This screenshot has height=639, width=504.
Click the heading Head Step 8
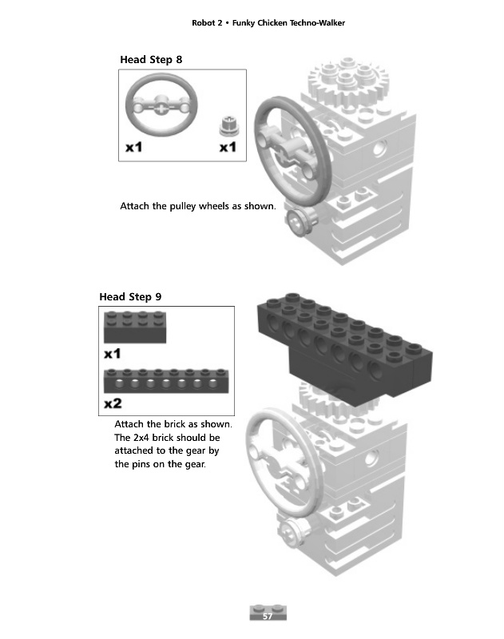157,59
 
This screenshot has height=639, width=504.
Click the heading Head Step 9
130,296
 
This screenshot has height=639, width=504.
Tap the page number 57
268,617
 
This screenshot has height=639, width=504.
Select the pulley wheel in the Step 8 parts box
161,105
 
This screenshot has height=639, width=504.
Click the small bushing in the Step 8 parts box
228,126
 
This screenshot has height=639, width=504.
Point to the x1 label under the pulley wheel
134,148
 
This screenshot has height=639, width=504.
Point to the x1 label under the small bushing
228,148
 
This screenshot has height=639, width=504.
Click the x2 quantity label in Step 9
113,402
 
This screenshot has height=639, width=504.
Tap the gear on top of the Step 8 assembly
347,81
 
